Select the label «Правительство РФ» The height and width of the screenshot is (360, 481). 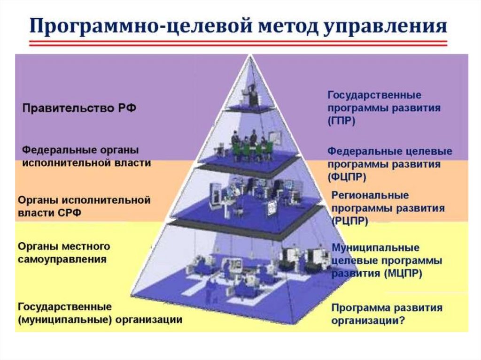[x=79, y=108]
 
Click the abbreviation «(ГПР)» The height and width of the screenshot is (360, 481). [x=341, y=121]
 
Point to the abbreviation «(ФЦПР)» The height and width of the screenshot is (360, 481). [x=348, y=177]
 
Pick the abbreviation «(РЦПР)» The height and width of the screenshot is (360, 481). [x=350, y=220]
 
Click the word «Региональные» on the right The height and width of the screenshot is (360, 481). [x=370, y=195]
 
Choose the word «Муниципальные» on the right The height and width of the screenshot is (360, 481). [x=376, y=247]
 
